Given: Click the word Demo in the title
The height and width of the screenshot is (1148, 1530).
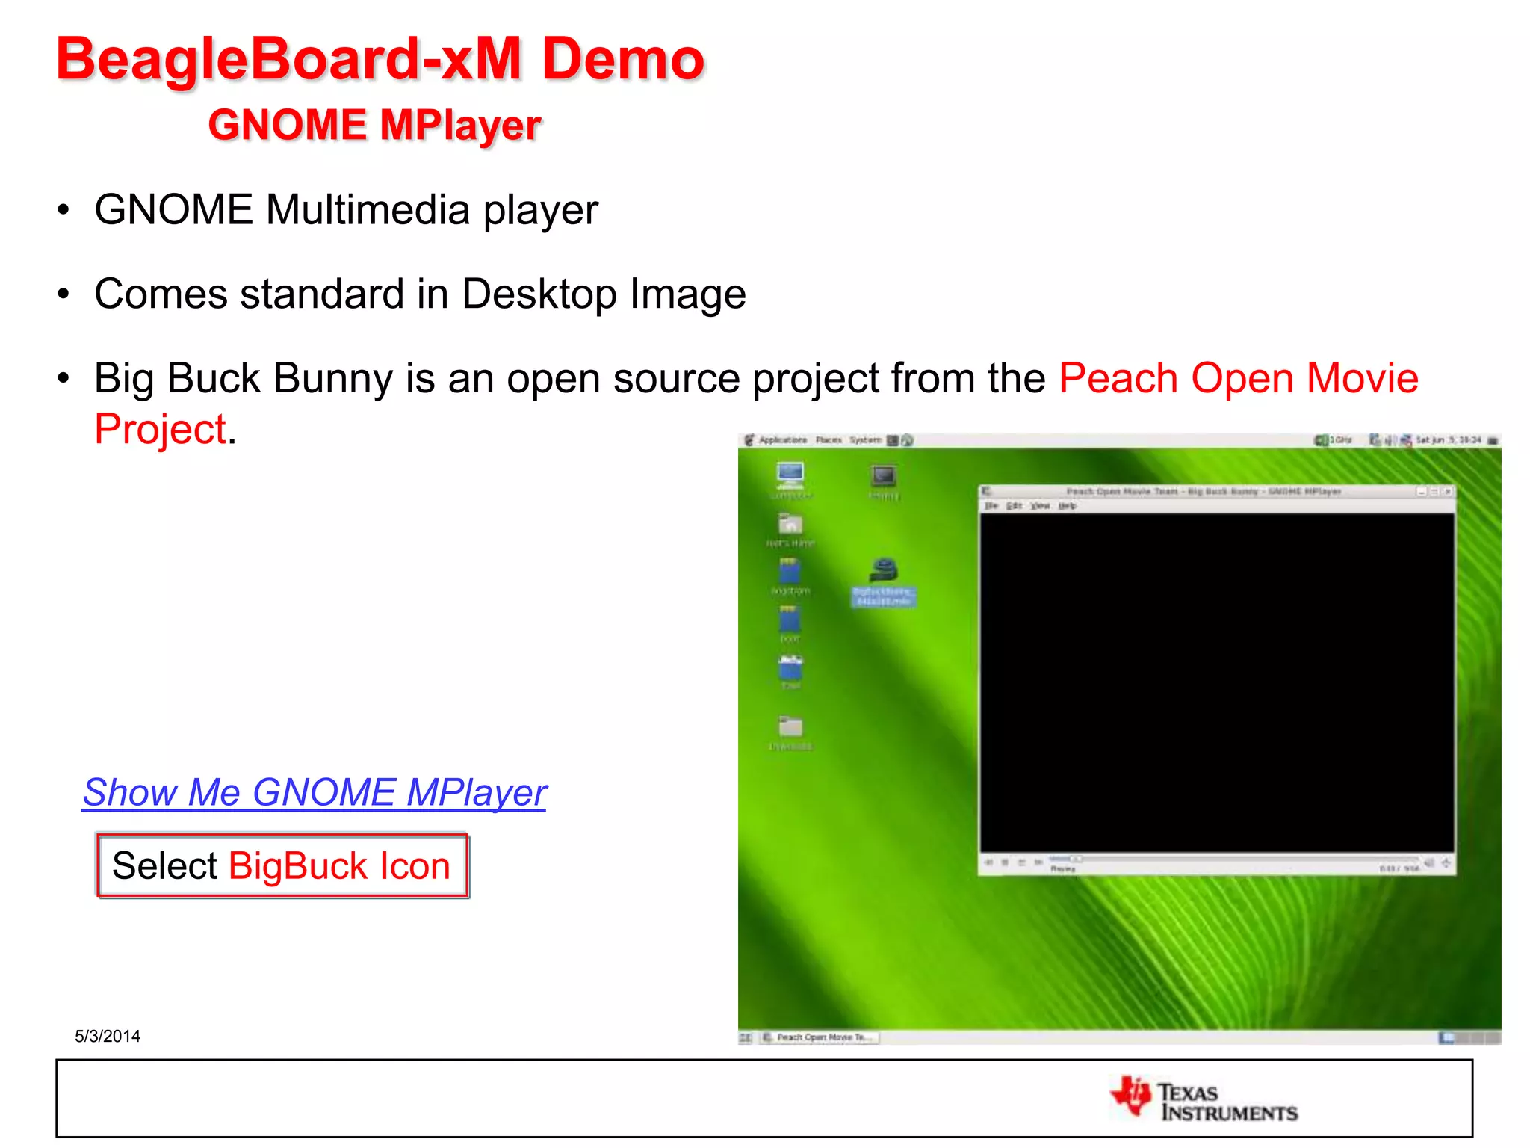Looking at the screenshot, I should tap(622, 60).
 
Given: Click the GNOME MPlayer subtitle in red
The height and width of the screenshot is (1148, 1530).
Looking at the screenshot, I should tap(374, 125).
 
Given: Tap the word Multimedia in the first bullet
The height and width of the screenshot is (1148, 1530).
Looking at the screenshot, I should tap(368, 209).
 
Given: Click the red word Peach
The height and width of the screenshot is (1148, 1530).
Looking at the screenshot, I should tap(1118, 378).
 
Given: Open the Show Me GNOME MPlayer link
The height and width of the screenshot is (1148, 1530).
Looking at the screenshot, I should tap(315, 792).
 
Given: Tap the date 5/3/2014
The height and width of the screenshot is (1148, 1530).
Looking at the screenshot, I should tap(108, 1036).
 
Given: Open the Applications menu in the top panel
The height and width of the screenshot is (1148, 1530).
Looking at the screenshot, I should tap(781, 440).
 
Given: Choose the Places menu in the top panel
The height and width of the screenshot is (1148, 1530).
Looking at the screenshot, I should tap(829, 440).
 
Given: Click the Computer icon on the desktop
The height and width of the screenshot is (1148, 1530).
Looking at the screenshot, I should tap(790, 475).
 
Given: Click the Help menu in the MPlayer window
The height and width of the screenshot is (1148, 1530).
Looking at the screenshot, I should tap(1068, 506).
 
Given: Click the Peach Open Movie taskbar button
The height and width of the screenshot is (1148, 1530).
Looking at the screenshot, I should tap(820, 1037).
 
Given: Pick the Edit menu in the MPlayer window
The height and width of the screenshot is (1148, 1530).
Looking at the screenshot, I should tap(1014, 506).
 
